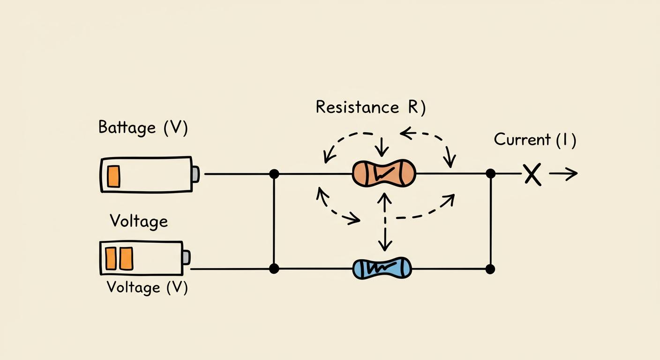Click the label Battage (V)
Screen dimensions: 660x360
[x=143, y=127]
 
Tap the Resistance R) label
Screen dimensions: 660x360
[x=371, y=107]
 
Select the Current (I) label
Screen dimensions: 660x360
[x=535, y=140]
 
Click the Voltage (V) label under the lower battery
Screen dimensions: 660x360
[x=147, y=287]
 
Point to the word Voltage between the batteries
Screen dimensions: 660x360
[x=139, y=221]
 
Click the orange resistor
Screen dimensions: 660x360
[x=384, y=173]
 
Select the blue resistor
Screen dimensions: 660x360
[x=382, y=268]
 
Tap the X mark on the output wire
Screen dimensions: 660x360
[x=532, y=174]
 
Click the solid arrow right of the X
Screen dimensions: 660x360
[x=563, y=173]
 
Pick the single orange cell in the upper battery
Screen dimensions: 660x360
[x=113, y=176]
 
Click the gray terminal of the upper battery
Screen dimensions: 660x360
[x=195, y=174]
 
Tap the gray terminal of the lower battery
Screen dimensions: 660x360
[x=187, y=257]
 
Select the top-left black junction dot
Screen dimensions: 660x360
[x=274, y=174]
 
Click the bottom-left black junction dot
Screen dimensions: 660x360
[x=274, y=269]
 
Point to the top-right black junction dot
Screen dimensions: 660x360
[x=491, y=173]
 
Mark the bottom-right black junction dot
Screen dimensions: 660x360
[x=490, y=269]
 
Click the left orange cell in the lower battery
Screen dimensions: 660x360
[x=111, y=258]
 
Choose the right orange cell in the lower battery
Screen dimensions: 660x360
[x=127, y=259]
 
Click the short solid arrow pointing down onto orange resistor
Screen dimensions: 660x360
[x=382, y=147]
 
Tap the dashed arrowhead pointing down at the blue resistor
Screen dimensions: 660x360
[x=385, y=245]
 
